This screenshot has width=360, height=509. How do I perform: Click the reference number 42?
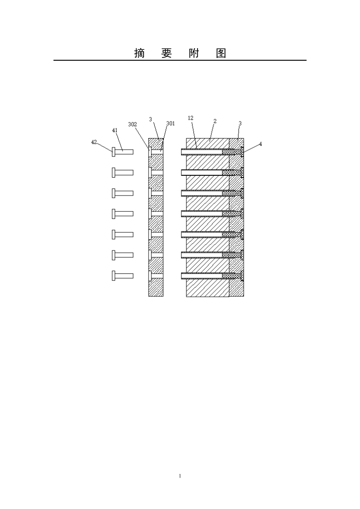coord(94,142)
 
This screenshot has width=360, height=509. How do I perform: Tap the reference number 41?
coord(115,130)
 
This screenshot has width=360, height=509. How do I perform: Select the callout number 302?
coord(132,125)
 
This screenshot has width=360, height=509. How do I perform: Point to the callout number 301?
coord(170,123)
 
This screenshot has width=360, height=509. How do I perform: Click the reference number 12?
coord(190,118)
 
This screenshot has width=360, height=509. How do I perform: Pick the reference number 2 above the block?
coord(215,121)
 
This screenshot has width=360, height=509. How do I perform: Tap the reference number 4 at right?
coord(260,144)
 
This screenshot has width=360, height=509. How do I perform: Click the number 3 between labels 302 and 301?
coord(150,120)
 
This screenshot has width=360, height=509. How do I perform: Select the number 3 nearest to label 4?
coord(240,123)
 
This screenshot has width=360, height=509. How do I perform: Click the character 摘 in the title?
coord(139,53)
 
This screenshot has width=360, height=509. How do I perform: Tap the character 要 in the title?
coord(166,53)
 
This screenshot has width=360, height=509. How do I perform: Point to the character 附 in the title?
coord(193,53)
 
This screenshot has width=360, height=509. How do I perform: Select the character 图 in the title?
coord(221,53)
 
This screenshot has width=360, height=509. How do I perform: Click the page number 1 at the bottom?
coord(180,476)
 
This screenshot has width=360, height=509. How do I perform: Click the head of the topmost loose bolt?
coord(113,152)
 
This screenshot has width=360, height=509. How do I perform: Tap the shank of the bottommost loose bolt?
coord(124,276)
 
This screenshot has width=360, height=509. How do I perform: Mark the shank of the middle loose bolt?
coord(124,214)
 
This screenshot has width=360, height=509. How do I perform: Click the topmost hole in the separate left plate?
coord(156,152)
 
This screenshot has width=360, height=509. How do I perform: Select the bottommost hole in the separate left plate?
coord(156,276)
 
